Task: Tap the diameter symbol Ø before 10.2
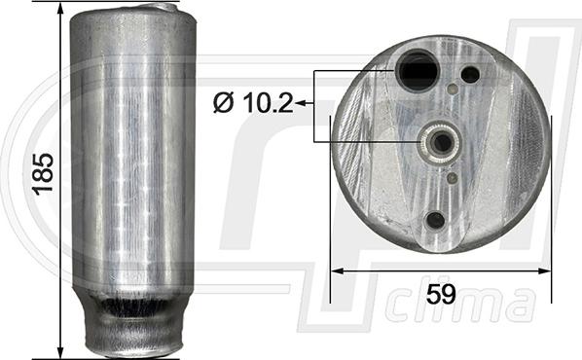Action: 223,100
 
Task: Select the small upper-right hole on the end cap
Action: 470,74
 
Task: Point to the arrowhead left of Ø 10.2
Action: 301,100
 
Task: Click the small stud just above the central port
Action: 454,90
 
